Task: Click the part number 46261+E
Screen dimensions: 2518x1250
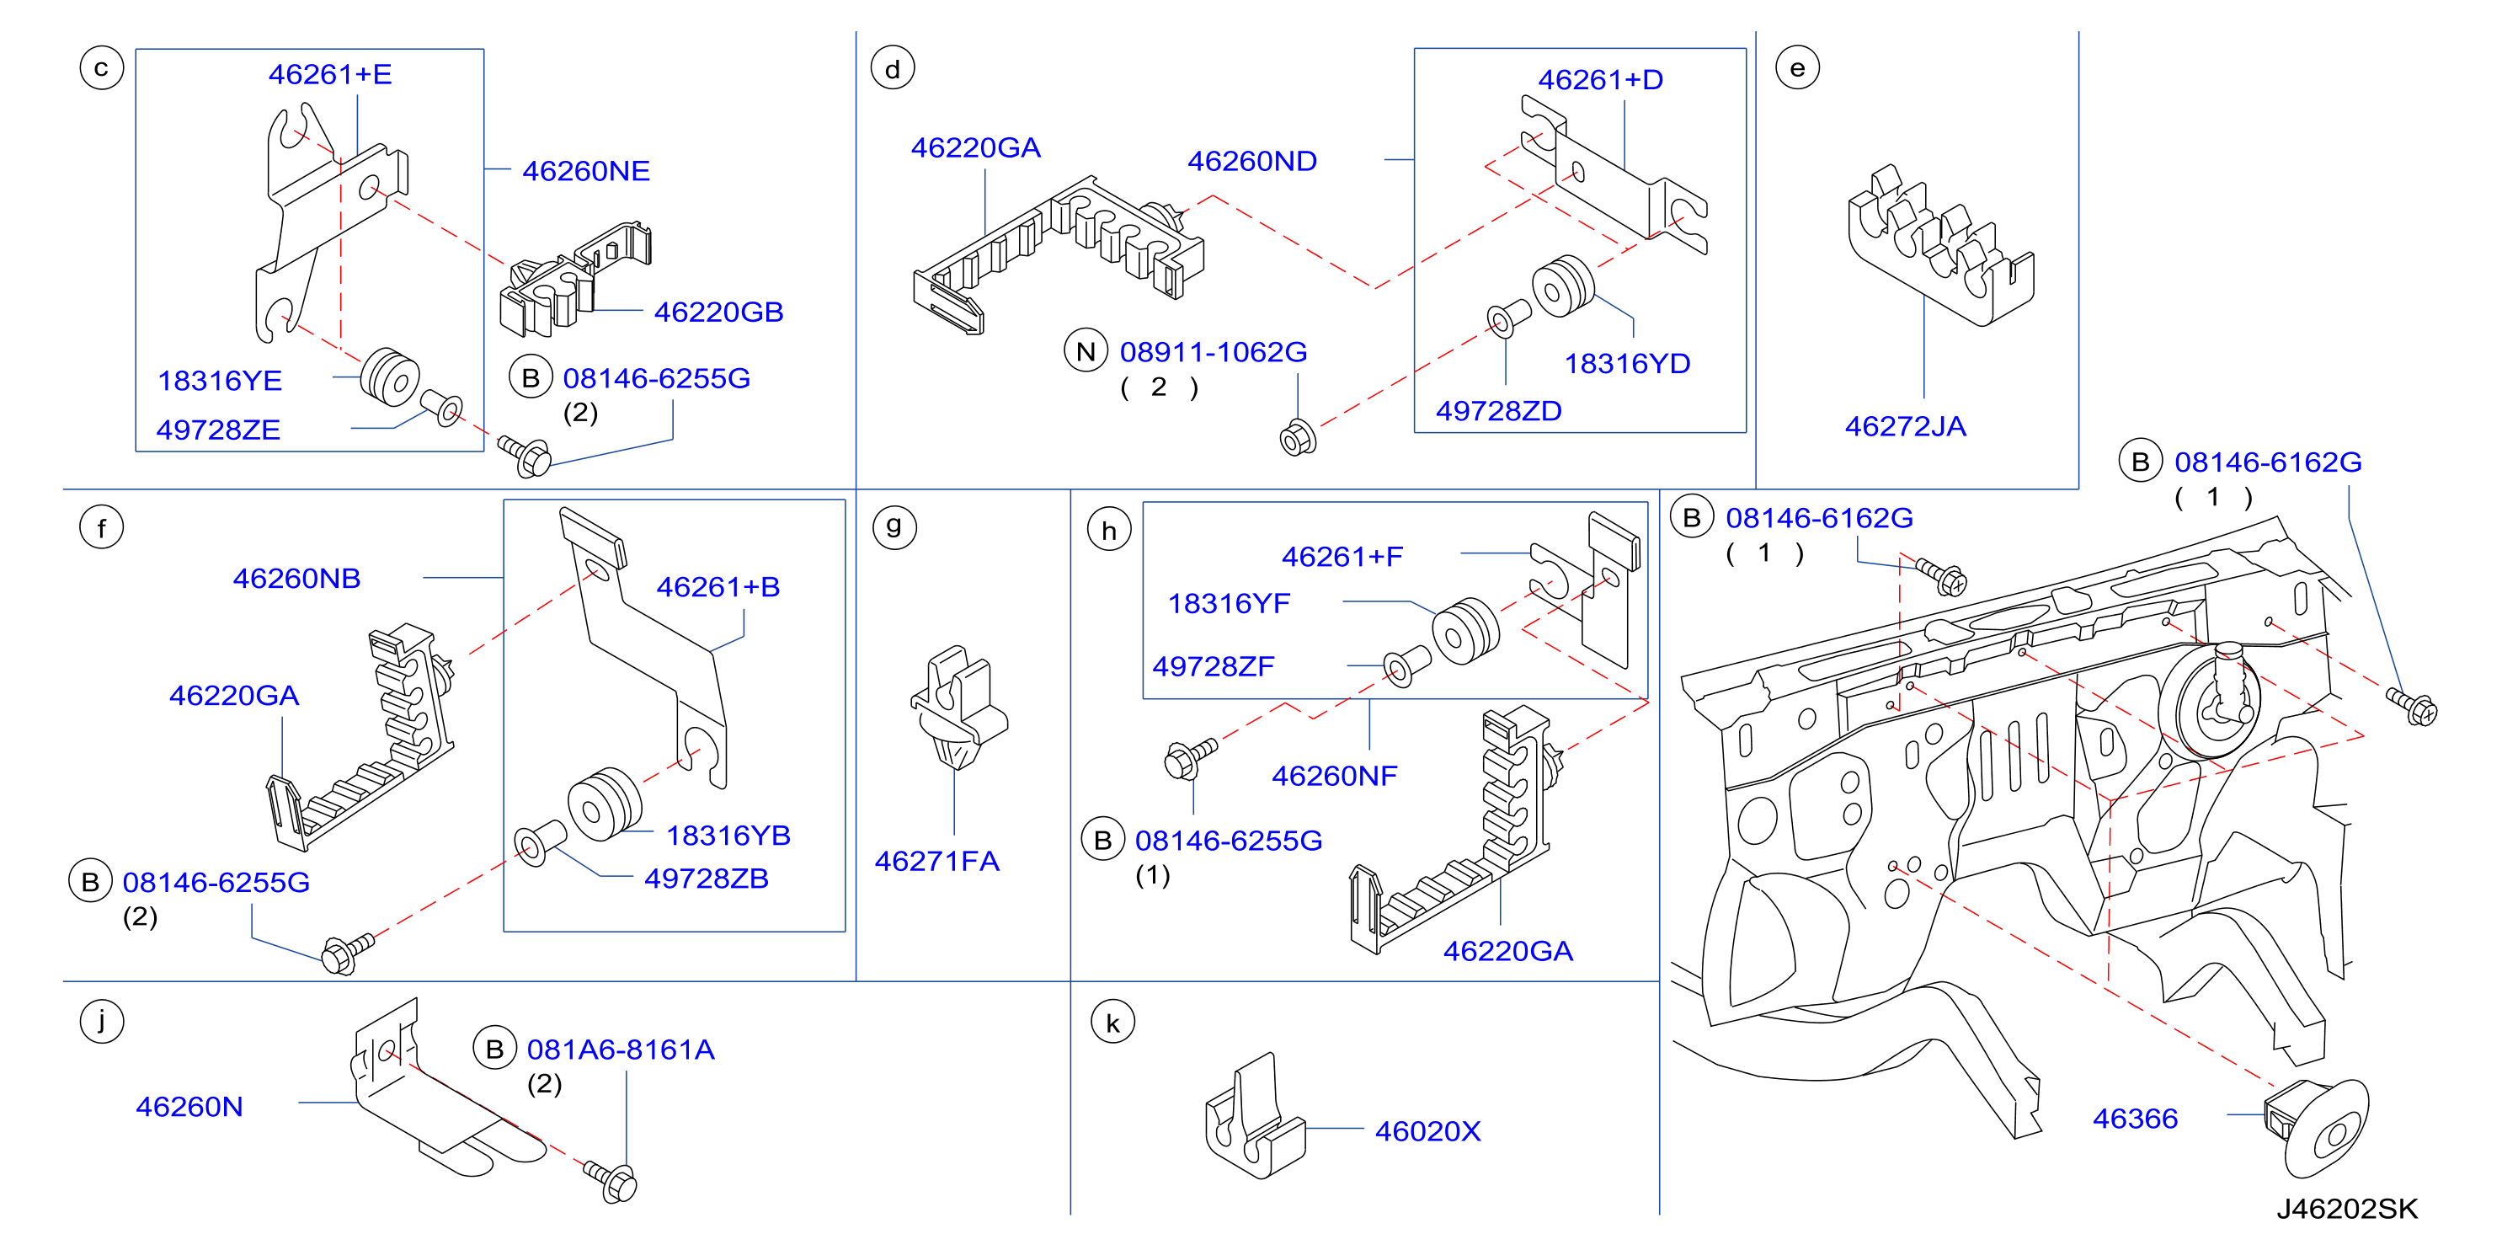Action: pyautogui.click(x=330, y=74)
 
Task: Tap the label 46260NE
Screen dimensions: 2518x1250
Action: pyautogui.click(x=586, y=171)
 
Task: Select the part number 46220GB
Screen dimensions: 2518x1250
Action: pyautogui.click(x=718, y=312)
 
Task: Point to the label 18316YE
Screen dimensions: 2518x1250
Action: pyautogui.click(x=220, y=380)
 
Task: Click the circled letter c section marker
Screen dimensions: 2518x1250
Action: pyautogui.click(x=102, y=68)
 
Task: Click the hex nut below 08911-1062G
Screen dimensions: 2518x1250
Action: pyautogui.click(x=1298, y=440)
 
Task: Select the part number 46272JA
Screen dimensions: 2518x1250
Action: pyautogui.click(x=1905, y=426)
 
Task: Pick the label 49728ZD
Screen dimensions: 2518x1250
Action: pyautogui.click(x=1498, y=410)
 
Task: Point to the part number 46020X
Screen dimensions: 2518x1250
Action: pyautogui.click(x=1428, y=1130)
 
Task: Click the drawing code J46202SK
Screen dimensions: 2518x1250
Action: pyautogui.click(x=2347, y=1209)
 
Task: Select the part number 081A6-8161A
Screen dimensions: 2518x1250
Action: pyautogui.click(x=621, y=1050)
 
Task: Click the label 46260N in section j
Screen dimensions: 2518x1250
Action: pyautogui.click(x=189, y=1106)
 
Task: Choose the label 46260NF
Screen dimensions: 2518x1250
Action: pyautogui.click(x=1334, y=776)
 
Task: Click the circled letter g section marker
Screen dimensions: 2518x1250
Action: pyautogui.click(x=894, y=526)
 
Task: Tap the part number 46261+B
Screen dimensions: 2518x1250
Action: pyautogui.click(x=718, y=586)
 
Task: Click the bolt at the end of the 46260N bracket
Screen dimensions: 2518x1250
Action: pyautogui.click(x=612, y=1181)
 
